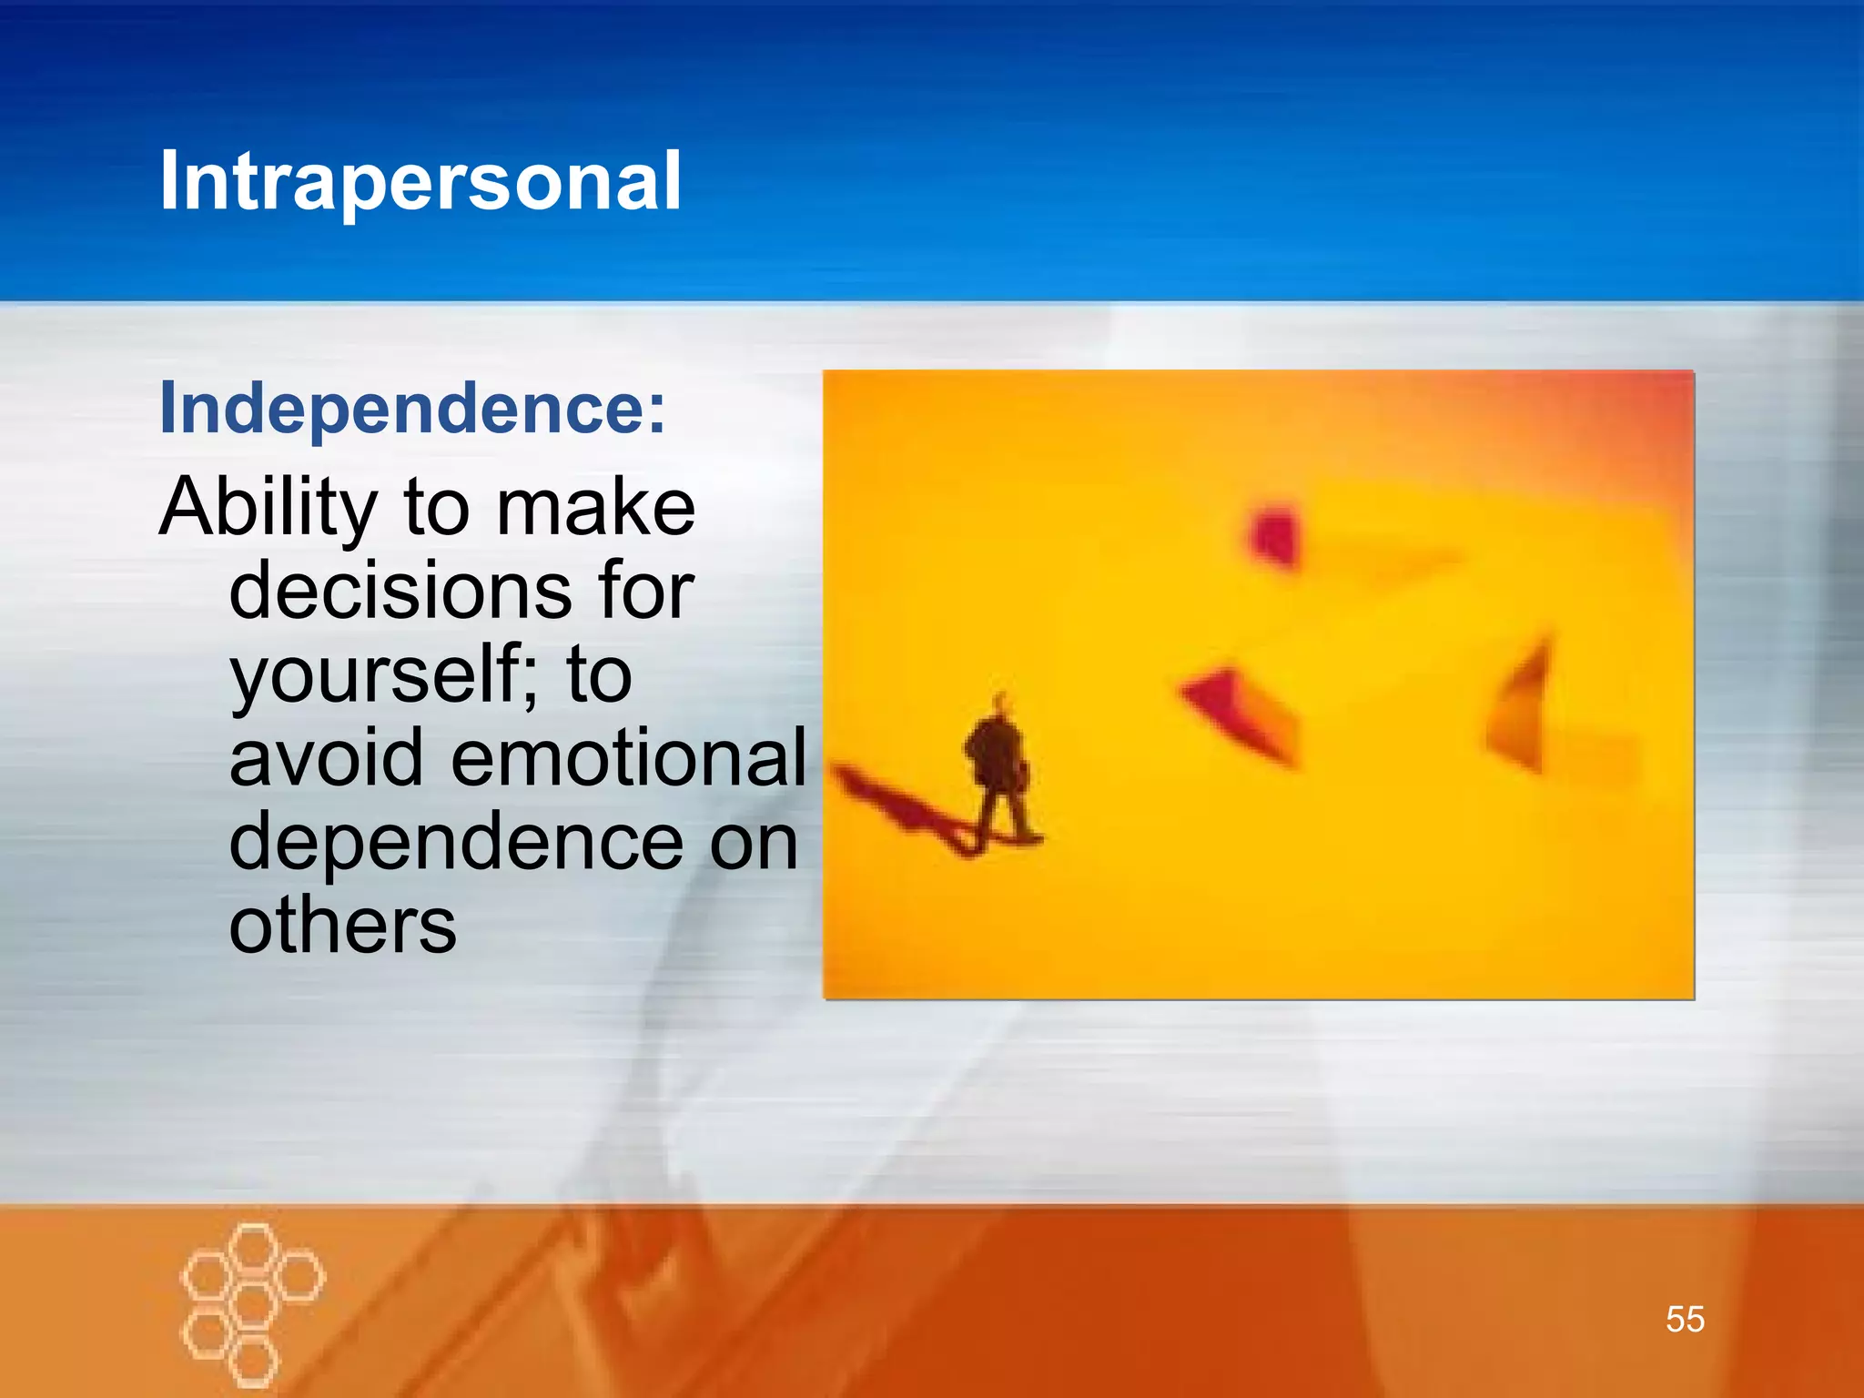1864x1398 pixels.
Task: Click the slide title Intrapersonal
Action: [420, 182]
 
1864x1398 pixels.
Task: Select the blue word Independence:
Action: [412, 409]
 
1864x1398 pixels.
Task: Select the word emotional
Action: [628, 758]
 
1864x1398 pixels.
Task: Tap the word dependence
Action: [455, 842]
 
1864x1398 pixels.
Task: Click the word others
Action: [342, 926]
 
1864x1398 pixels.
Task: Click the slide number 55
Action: [1685, 1319]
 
